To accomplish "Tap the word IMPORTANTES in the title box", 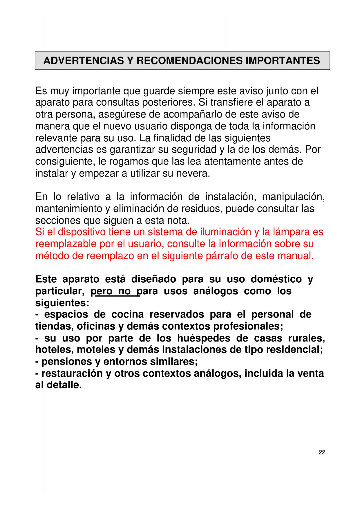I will [x=283, y=61].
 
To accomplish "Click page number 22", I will [x=322, y=452].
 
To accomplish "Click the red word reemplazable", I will [x=66, y=244].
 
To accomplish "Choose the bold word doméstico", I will [x=276, y=279].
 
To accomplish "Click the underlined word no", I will [x=124, y=291].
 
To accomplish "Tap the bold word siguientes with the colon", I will [x=62, y=303].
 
